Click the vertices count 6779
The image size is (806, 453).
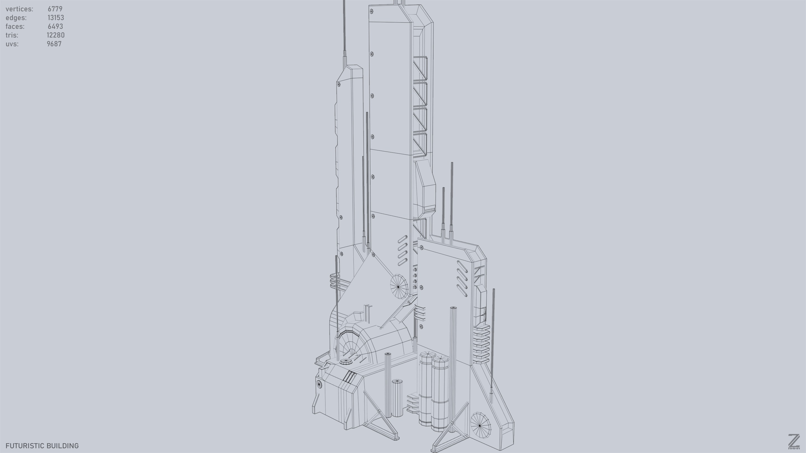[x=55, y=9]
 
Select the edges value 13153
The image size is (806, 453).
[x=56, y=18]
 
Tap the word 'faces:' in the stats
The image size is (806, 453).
[x=15, y=27]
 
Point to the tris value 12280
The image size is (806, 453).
[x=56, y=35]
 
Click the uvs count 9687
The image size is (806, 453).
[x=54, y=44]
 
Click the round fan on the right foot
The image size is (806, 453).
[x=480, y=425]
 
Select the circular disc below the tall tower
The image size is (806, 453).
[x=399, y=286]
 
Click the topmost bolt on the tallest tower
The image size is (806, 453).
[x=371, y=11]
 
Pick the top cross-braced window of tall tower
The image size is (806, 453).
[x=420, y=68]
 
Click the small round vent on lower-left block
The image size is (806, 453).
[x=319, y=384]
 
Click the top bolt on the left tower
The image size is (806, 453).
[x=339, y=84]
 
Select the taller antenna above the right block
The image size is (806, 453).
[x=452, y=200]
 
